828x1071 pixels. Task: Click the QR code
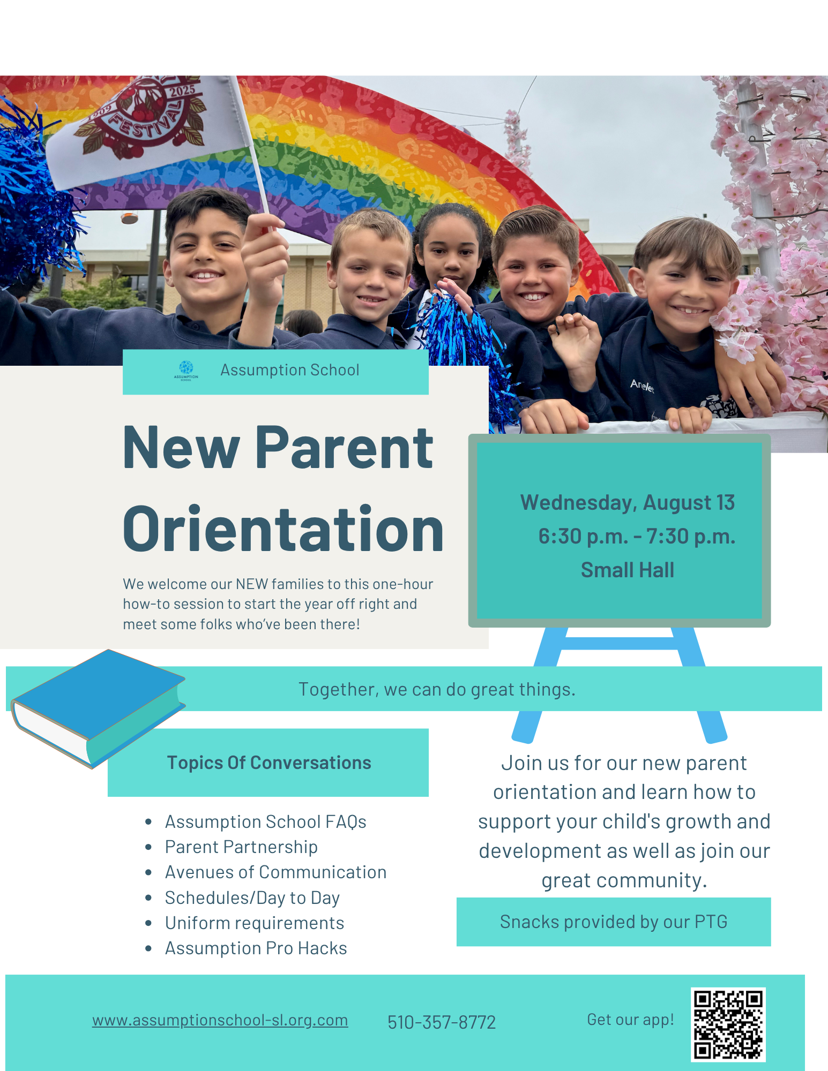pyautogui.click(x=728, y=1024)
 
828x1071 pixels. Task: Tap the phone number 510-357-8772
pyautogui.click(x=442, y=1022)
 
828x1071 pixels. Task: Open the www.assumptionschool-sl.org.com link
pyautogui.click(x=220, y=1020)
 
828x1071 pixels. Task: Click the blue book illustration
pyautogui.click(x=98, y=708)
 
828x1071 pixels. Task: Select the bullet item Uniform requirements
pyautogui.click(x=255, y=923)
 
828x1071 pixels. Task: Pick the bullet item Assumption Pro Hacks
pyautogui.click(x=256, y=948)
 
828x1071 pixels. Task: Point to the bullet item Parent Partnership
pyautogui.click(x=241, y=847)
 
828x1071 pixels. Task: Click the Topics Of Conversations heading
pyautogui.click(x=269, y=763)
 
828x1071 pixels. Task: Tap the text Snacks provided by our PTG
pyautogui.click(x=614, y=922)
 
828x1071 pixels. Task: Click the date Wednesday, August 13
pyautogui.click(x=628, y=503)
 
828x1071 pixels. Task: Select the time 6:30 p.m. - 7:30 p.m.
pyautogui.click(x=637, y=536)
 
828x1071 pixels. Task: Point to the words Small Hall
pyautogui.click(x=628, y=570)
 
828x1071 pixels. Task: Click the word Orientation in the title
pyautogui.click(x=283, y=529)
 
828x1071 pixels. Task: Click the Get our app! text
pyautogui.click(x=630, y=1020)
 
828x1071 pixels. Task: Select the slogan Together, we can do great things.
pyautogui.click(x=437, y=689)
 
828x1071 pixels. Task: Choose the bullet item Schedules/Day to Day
pyautogui.click(x=252, y=897)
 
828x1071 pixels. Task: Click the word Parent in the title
pyautogui.click(x=344, y=448)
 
